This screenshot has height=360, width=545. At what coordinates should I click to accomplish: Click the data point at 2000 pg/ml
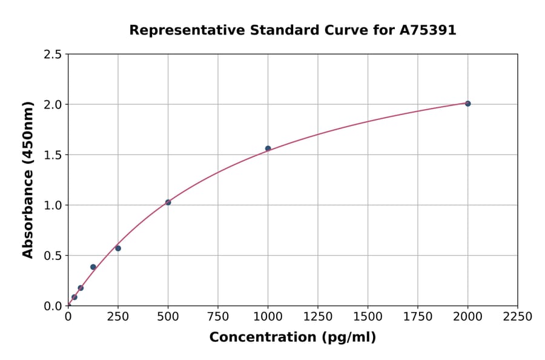coord(467,104)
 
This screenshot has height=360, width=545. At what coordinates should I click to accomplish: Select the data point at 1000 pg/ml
coord(268,148)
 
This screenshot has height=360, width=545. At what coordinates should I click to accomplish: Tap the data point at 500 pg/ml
coord(168,202)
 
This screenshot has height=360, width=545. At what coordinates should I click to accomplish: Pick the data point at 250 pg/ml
coord(118,248)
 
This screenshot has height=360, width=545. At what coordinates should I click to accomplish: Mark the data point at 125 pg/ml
coord(93,267)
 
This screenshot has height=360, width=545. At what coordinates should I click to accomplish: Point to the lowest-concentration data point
coord(74,297)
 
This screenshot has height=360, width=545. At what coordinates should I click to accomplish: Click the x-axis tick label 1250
coord(318,316)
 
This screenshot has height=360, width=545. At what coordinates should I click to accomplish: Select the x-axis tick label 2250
coord(518,316)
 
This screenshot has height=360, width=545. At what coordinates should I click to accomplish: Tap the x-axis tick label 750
coord(218,316)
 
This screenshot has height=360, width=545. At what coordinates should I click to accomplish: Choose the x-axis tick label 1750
coord(418,316)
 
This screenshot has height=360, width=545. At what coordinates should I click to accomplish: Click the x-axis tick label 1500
coord(368,316)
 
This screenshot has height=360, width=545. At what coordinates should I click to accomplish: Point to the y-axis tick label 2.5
coord(53,55)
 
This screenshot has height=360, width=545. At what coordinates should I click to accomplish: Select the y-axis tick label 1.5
coord(53,155)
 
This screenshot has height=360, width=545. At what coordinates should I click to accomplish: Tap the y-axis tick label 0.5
coord(53,256)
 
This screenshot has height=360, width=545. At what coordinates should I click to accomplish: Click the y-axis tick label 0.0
coord(53,306)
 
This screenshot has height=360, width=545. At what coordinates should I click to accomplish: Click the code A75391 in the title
coord(428,30)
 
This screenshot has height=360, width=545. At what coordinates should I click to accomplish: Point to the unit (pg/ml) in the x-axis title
coord(348,338)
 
